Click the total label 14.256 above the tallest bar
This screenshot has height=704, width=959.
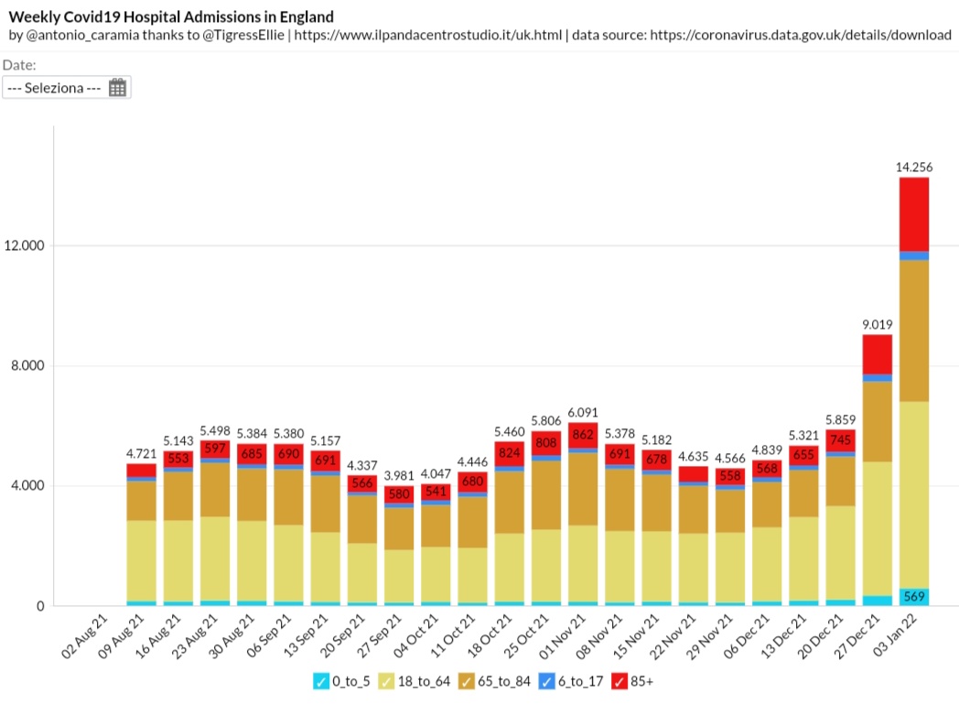914,167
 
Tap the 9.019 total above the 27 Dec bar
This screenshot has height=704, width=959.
877,324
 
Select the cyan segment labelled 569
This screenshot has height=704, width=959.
914,597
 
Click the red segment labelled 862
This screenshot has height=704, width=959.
583,436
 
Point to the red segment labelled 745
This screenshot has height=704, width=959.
840,440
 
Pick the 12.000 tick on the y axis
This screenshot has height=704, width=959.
25,246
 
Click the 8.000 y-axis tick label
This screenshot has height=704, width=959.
28,366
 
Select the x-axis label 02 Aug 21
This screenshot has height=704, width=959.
84,636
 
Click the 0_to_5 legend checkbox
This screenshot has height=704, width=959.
321,681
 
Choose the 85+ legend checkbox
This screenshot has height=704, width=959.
620,681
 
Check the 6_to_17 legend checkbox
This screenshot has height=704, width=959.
547,681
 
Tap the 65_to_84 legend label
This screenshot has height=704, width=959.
504,681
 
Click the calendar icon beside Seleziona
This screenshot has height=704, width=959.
117,88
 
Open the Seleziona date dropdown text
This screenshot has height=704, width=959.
54,88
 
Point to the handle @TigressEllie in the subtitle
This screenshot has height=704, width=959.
243,35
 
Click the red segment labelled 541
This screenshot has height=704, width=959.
436,492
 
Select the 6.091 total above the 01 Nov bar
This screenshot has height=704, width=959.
583,413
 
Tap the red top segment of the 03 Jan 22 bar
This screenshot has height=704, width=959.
914,214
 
